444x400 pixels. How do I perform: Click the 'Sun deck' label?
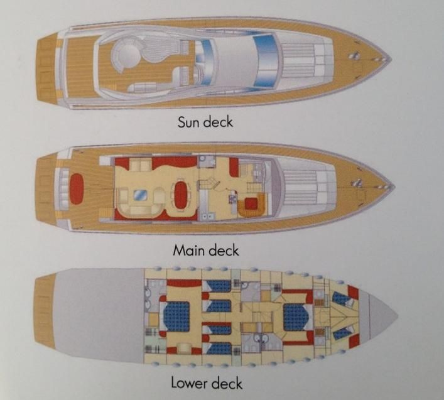click(205, 121)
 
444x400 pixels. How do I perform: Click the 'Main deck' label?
click(206, 251)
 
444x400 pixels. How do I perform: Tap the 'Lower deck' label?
click(207, 382)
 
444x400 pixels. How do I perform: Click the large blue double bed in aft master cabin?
click(176, 316)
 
